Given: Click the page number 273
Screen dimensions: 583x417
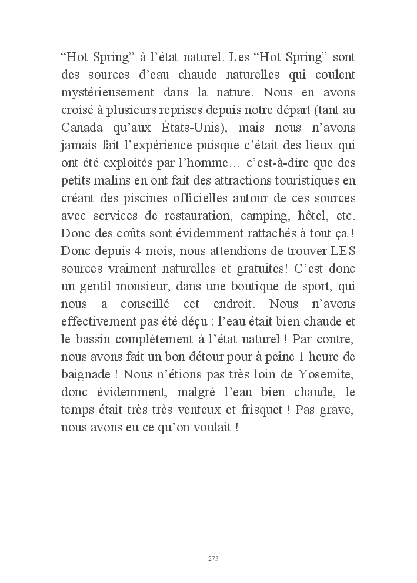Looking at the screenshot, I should pyautogui.click(x=213, y=558).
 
